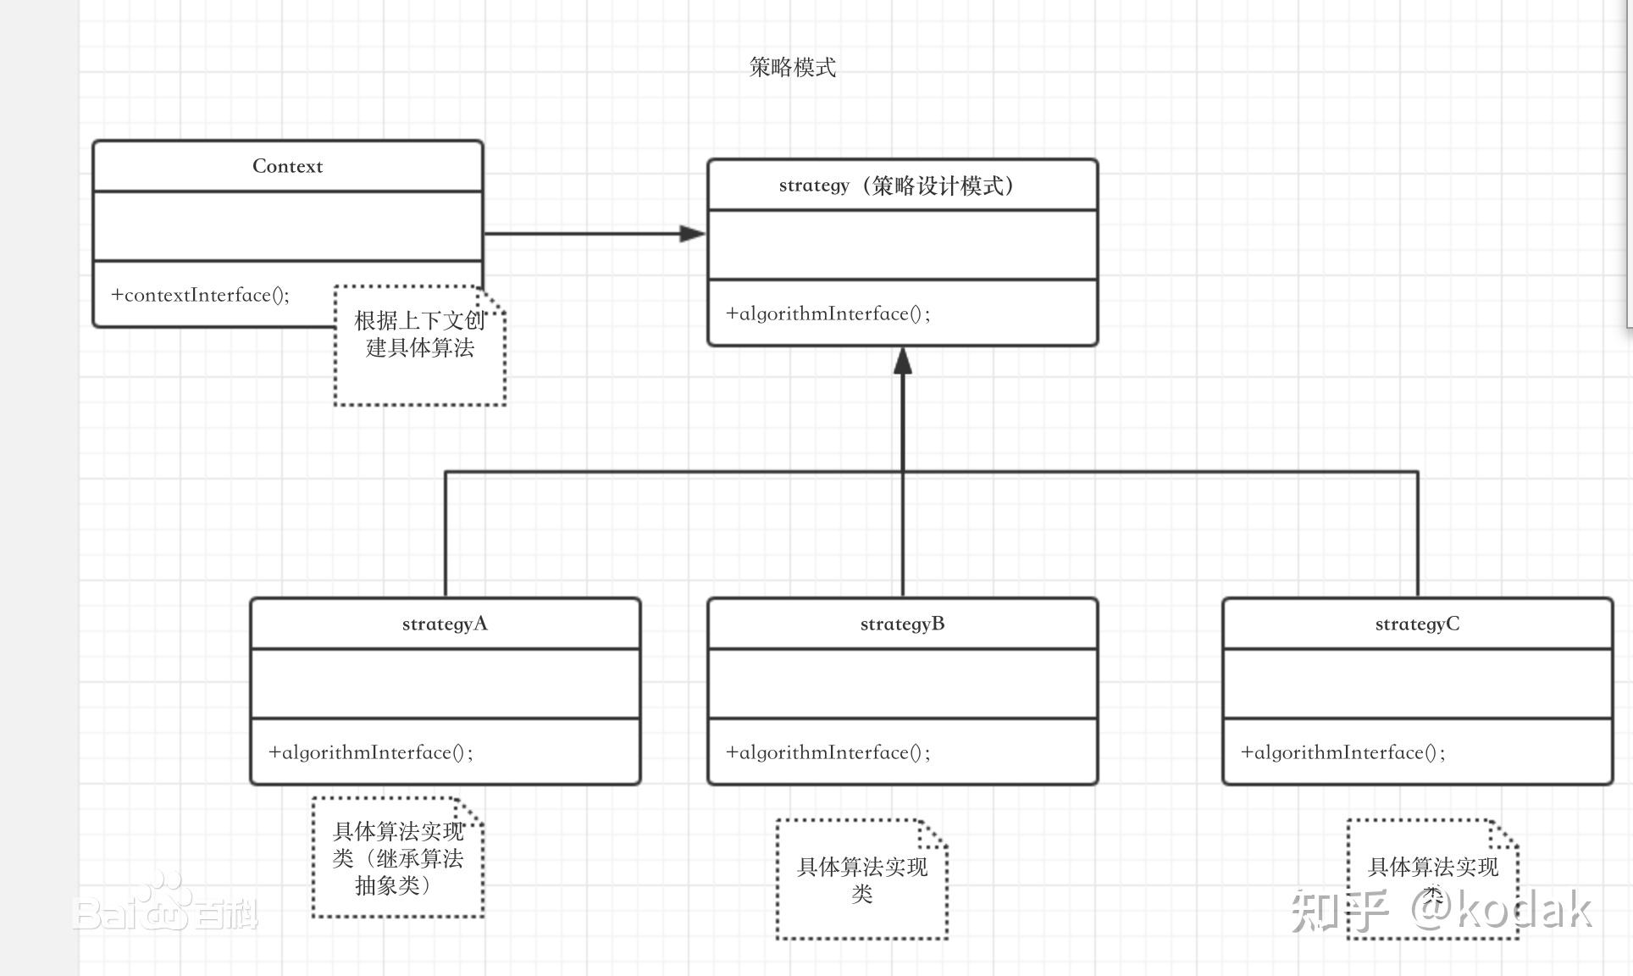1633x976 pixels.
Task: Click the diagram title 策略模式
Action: pos(792,68)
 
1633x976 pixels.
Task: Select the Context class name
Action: pos(287,166)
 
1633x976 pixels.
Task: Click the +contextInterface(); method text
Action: pos(200,295)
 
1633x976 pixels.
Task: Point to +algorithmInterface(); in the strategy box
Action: pos(828,313)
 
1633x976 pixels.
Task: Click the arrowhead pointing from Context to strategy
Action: pos(692,234)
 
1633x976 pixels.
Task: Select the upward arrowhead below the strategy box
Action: pos(903,361)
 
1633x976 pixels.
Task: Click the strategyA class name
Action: pos(445,624)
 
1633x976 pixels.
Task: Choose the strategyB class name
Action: pos(902,624)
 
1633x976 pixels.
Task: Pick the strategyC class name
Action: pos(1417,624)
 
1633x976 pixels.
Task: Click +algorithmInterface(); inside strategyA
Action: pos(370,752)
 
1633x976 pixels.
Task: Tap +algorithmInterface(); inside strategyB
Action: pos(828,752)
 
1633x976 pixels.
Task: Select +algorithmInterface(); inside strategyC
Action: pos(1342,752)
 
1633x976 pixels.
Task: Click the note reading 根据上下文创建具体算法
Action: pos(420,346)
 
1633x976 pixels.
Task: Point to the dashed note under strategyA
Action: pos(398,857)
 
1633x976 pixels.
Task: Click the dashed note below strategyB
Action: pos(862,879)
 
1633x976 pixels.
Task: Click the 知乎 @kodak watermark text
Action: pos(1440,911)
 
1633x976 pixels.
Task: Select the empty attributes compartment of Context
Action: pos(287,226)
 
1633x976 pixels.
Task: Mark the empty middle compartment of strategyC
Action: pos(1417,684)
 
